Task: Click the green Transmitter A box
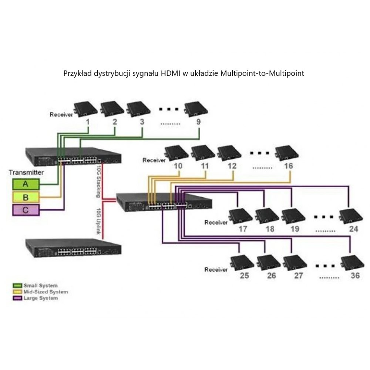tap(26, 184)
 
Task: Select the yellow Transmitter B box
tap(26, 197)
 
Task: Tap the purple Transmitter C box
tap(26, 210)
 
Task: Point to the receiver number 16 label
tap(289, 166)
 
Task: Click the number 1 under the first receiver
tap(88, 121)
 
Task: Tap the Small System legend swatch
tap(17, 285)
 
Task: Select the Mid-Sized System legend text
tap(46, 292)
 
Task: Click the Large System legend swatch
tap(17, 298)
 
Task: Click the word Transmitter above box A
tap(26, 172)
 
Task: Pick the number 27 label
tap(298, 276)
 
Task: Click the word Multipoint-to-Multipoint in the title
tap(262, 73)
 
